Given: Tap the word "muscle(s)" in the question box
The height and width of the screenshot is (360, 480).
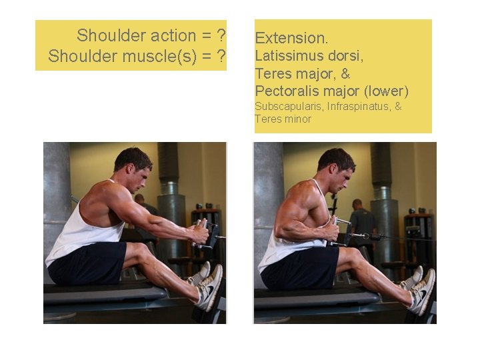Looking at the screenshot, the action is (x=159, y=56).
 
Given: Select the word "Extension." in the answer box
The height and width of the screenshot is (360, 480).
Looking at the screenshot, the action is (x=291, y=38).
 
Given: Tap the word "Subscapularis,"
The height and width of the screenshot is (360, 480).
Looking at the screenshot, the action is (x=289, y=107).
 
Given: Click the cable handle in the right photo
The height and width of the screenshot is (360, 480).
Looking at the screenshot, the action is (x=340, y=231).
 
